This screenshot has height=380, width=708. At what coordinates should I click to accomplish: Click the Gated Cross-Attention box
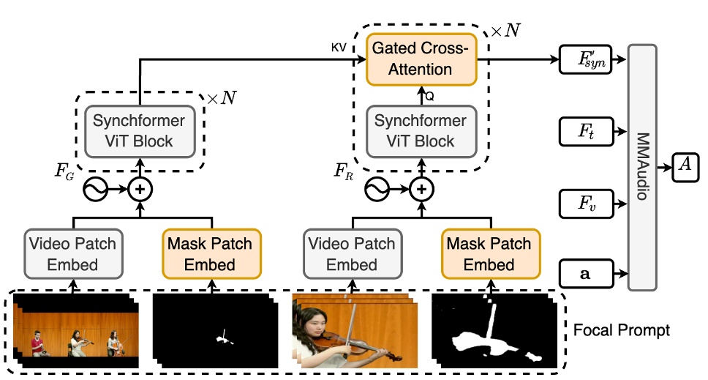(421, 59)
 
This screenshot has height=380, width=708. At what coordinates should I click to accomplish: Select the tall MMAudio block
(642, 167)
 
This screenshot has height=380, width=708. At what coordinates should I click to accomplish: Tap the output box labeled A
(685, 167)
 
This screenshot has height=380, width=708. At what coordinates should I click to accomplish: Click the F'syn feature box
(586, 59)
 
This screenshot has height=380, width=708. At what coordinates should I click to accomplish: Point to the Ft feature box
(586, 132)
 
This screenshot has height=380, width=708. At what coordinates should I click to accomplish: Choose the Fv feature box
(586, 204)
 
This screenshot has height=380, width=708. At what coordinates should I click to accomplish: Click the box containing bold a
(586, 273)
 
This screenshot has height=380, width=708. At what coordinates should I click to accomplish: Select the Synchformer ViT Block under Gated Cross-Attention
(421, 132)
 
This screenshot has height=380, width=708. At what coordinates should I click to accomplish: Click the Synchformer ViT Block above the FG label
(140, 132)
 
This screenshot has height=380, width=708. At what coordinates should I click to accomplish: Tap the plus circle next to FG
(140, 189)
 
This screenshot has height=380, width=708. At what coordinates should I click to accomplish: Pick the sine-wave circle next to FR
(377, 189)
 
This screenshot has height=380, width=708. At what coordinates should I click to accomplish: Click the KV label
(339, 48)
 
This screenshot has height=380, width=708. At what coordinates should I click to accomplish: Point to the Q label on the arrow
(429, 96)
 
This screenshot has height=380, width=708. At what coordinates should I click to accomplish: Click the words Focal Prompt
(621, 330)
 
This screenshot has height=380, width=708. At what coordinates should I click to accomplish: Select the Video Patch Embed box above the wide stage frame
(73, 253)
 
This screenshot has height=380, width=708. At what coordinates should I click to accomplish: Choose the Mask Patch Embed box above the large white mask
(491, 253)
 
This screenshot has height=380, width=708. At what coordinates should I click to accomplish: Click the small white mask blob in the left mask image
(224, 338)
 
